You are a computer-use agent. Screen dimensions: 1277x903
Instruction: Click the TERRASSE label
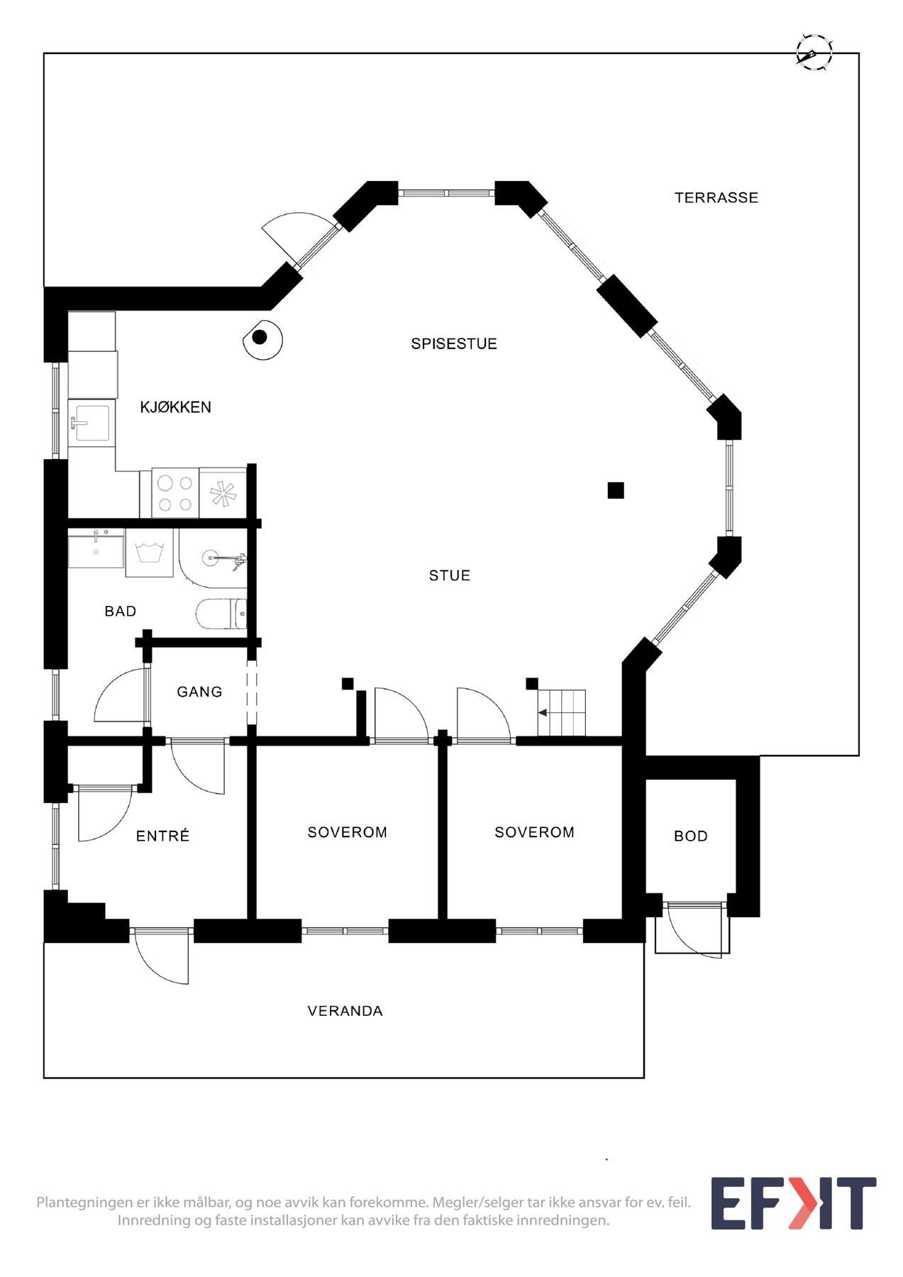716,198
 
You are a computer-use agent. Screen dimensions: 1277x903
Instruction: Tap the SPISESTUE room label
454,344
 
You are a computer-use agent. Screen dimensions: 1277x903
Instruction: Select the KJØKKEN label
175,407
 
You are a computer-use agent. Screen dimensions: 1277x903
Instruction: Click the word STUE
450,575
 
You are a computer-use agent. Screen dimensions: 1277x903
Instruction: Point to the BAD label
120,612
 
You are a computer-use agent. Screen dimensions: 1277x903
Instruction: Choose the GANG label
199,692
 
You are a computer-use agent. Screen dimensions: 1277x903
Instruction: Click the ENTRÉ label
162,836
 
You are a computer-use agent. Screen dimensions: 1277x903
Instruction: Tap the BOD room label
690,836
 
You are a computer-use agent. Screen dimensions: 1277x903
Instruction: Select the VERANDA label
345,1011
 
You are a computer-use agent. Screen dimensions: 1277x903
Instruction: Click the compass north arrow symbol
813,52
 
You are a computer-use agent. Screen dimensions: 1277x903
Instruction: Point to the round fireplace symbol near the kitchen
261,338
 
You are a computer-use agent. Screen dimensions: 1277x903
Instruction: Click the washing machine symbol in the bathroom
150,553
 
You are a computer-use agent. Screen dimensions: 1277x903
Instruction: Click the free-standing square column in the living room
616,490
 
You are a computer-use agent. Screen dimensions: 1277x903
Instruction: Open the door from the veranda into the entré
162,954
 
